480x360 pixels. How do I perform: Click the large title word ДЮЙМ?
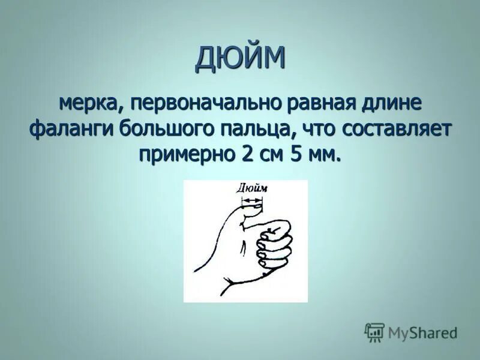coord(240,58)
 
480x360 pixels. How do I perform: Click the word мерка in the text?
coord(91,103)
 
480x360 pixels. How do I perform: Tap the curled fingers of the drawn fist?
coord(273,243)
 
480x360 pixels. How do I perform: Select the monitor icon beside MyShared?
coord(374,332)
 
